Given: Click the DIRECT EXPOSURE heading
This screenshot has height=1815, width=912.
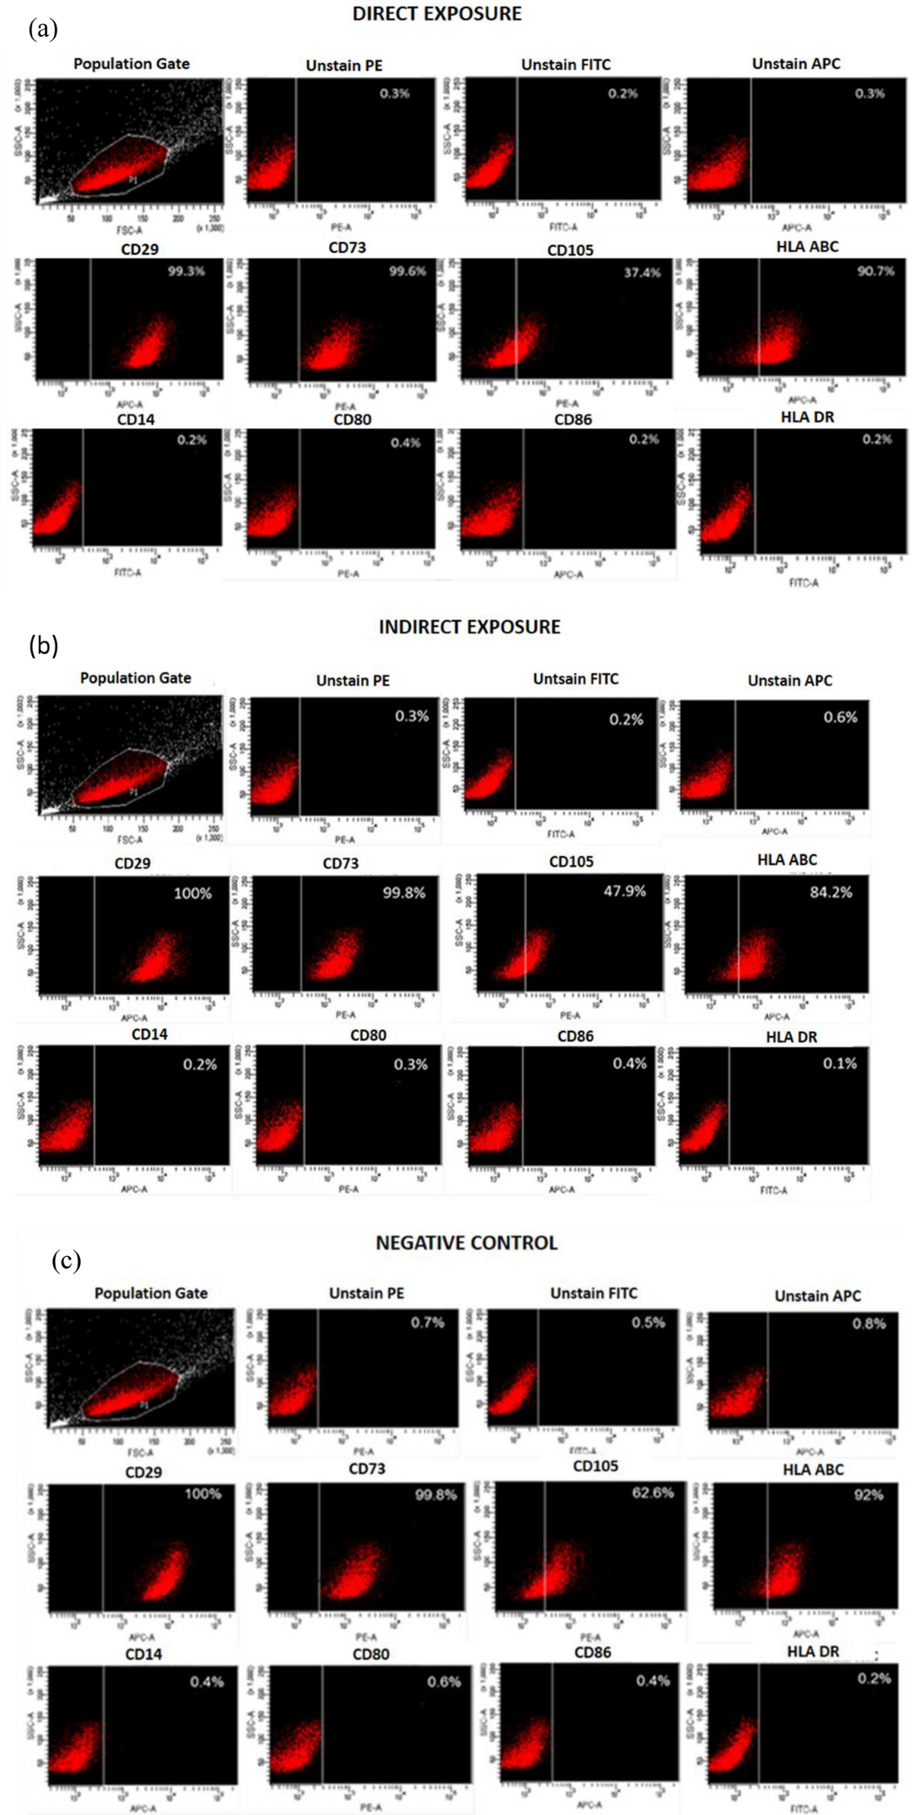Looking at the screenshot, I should (x=437, y=14).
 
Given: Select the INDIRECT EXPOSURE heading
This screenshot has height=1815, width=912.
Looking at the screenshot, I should (x=469, y=627).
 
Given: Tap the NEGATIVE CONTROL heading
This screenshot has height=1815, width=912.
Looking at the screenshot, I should (x=467, y=1242).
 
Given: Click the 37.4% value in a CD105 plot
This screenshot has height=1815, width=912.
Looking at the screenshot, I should (x=642, y=272).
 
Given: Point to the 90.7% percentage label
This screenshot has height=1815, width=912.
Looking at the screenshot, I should (x=876, y=271).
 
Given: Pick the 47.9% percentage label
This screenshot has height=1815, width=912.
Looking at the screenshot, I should (x=625, y=891).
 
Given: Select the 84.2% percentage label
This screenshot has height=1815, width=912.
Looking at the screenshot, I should (x=831, y=892).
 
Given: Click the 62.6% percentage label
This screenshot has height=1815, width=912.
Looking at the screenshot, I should (x=652, y=1492).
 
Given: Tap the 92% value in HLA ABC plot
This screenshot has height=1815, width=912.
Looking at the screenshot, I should (x=868, y=1495).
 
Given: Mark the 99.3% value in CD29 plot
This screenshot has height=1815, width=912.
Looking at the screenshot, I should (x=186, y=271).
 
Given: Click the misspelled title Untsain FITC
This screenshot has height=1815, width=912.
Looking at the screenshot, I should (x=575, y=679).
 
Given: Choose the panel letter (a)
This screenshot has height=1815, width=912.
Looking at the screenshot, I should (x=43, y=30).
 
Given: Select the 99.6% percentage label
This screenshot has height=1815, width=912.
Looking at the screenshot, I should (x=407, y=271).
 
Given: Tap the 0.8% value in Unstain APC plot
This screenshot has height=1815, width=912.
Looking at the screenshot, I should (x=869, y=1324).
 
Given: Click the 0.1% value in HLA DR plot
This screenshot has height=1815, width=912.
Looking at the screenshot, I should (x=840, y=1063).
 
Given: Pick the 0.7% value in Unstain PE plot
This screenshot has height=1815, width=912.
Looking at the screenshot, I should (x=427, y=1322).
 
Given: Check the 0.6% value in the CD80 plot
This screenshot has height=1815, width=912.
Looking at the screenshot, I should (x=444, y=1682).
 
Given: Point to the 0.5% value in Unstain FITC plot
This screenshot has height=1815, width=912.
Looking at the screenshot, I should (x=648, y=1322).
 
